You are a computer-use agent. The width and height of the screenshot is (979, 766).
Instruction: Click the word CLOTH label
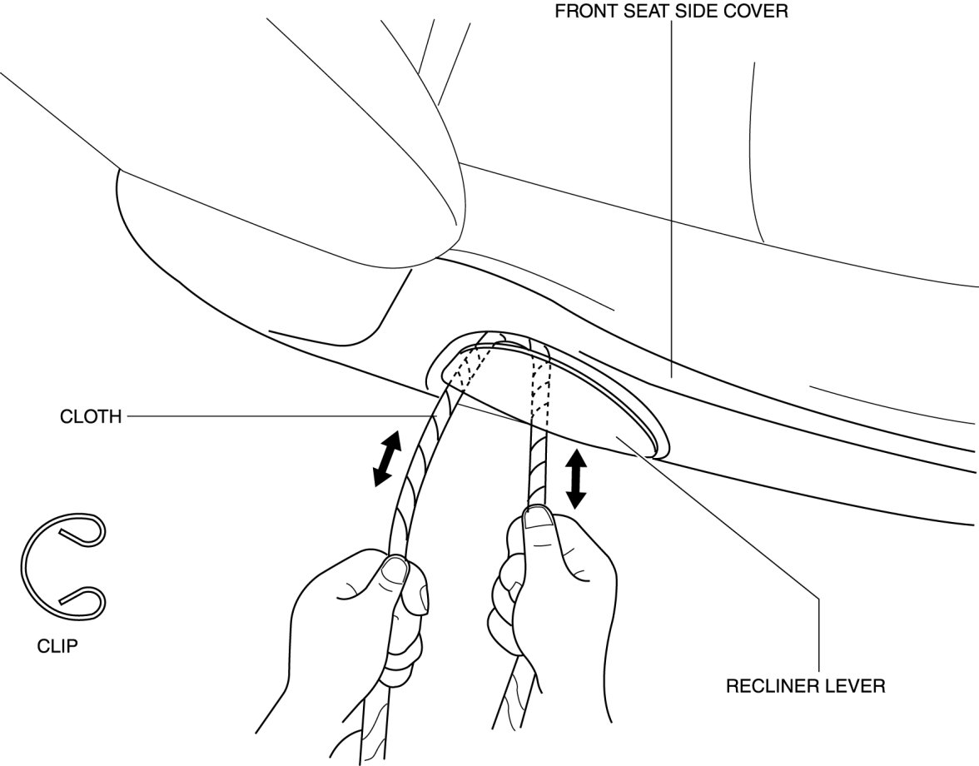pos(91,415)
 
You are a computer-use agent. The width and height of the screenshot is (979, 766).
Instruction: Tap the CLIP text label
pos(57,645)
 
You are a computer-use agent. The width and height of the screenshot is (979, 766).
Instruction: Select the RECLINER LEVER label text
pos(805,686)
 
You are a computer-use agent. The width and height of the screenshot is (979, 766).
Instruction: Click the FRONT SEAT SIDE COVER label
pos(672,12)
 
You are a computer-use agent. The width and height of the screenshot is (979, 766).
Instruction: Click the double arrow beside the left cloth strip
pos(386,458)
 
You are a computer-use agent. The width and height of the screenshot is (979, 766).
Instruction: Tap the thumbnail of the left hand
pos(395,570)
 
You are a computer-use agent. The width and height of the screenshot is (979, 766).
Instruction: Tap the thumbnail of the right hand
pos(538,520)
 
